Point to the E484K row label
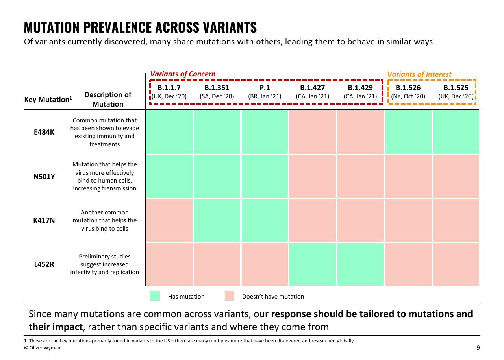[x=44, y=132]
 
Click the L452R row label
[x=44, y=264]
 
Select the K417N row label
[x=44, y=220]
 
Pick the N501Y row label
[x=44, y=177]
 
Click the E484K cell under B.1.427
[x=312, y=132]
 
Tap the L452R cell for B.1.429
[x=360, y=264]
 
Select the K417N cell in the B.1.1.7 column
[x=169, y=220]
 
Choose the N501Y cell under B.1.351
[x=217, y=176]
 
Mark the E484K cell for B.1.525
[x=456, y=132]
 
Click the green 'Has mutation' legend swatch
[x=155, y=296]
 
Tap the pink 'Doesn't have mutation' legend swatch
[x=230, y=296]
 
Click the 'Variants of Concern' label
[x=183, y=74]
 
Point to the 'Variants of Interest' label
[x=419, y=74]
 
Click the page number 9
[x=478, y=348]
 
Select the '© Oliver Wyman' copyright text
[x=42, y=348]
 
